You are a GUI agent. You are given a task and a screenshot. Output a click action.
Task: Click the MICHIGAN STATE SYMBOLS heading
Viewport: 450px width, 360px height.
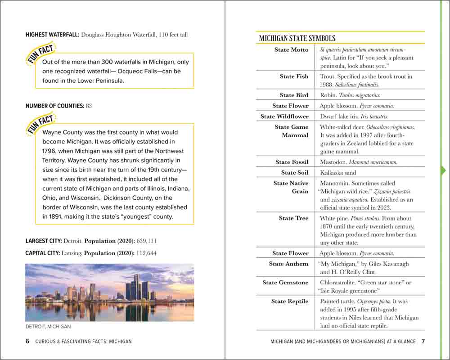pos(297,39)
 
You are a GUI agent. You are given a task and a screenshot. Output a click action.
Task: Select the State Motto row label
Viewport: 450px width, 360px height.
pos(291,50)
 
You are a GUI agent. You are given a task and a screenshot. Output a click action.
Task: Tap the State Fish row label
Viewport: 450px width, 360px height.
pos(294,76)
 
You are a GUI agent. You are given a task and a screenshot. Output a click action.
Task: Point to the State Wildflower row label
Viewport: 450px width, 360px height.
pos(284,117)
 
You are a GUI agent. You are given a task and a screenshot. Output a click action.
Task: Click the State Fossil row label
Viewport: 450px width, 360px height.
pos(292,162)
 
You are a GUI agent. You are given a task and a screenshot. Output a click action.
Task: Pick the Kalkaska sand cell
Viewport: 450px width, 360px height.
pos(338,173)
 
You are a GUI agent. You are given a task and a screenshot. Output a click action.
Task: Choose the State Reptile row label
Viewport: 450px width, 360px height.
pos(290,301)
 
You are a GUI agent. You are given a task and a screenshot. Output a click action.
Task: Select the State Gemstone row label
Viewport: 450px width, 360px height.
pos(285,283)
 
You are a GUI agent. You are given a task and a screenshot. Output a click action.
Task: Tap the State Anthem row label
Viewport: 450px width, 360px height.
pos(288,264)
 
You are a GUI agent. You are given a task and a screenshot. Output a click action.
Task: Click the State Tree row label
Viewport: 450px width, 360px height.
pos(293,218)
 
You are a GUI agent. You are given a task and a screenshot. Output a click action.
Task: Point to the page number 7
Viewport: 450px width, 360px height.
pos(423,341)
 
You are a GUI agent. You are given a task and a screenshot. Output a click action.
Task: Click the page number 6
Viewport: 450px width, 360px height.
pos(27,341)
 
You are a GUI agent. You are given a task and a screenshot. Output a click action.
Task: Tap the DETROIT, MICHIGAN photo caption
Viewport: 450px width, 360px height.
pos(48,327)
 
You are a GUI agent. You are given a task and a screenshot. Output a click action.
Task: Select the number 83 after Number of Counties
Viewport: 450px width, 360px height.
pos(89,106)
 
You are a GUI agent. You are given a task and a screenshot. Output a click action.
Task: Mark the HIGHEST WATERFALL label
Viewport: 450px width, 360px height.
pos(52,35)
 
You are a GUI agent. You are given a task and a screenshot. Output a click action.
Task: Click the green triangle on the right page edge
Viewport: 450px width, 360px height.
pos(443,170)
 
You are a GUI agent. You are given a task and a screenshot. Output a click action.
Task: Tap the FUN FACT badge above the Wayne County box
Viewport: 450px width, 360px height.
pos(40,124)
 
